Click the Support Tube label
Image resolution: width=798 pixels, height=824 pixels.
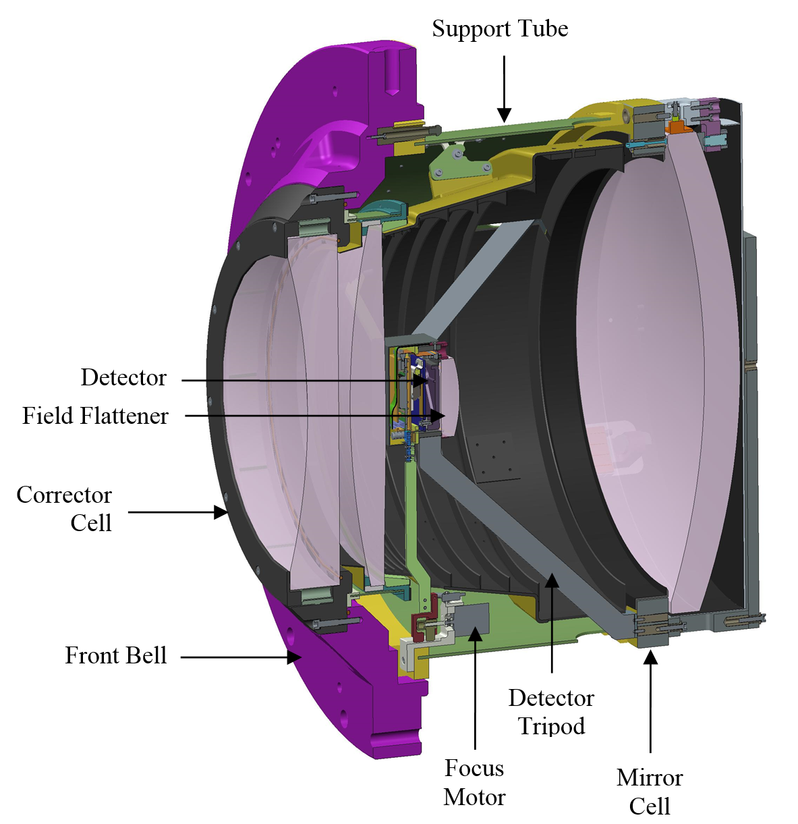tap(500, 29)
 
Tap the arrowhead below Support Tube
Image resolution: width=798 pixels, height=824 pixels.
tap(504, 115)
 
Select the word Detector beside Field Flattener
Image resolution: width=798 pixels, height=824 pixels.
tap(123, 377)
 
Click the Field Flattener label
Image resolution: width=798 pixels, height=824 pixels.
tap(95, 416)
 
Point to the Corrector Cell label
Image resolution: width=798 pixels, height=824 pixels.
tap(64, 508)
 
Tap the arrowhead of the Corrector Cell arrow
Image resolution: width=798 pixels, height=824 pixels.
tap(221, 512)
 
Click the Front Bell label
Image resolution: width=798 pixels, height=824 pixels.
tap(116, 655)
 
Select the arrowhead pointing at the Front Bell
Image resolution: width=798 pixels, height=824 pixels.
tap(294, 657)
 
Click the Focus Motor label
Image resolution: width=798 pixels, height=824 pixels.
tap(474, 783)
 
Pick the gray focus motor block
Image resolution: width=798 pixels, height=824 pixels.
tap(472, 619)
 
